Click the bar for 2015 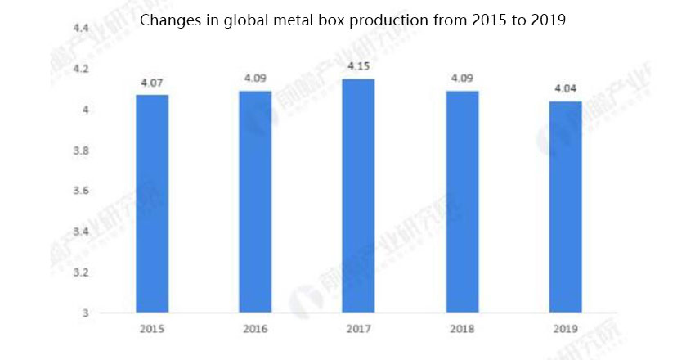(152, 204)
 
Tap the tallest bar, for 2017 (359, 196)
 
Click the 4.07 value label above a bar (152, 83)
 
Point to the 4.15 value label (359, 65)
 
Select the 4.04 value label (565, 88)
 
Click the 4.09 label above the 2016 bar (255, 79)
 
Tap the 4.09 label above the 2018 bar (462, 79)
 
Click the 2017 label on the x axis (359, 329)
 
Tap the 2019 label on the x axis (565, 329)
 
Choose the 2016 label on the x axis (255, 329)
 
